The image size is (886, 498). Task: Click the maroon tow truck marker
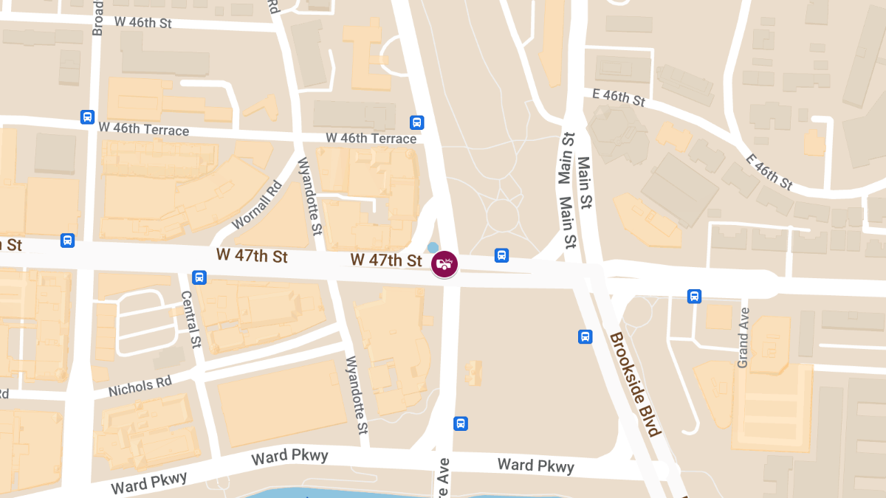coord(444,263)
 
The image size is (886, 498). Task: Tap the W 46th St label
coord(143,22)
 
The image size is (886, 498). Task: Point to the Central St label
coord(191,319)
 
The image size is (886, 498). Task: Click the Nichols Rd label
coord(140,386)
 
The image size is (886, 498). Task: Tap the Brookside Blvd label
coord(634,384)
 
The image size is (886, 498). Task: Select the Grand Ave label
coord(743,338)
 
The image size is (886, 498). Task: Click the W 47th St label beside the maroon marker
coord(386,260)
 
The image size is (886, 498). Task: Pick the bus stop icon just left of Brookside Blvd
coord(585,336)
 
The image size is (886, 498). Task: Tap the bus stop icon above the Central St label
coord(199,277)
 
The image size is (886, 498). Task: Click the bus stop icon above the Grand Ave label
coord(694,296)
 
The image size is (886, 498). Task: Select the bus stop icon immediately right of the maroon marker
coord(501,255)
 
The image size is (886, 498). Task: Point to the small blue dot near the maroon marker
coord(433,247)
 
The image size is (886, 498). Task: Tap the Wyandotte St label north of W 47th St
coord(310,196)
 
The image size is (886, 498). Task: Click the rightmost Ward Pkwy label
coord(535,465)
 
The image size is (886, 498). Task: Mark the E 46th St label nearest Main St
coord(619,97)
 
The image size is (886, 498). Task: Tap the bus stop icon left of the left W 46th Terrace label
coord(87,117)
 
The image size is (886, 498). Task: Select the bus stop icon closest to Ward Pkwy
coord(461,423)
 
